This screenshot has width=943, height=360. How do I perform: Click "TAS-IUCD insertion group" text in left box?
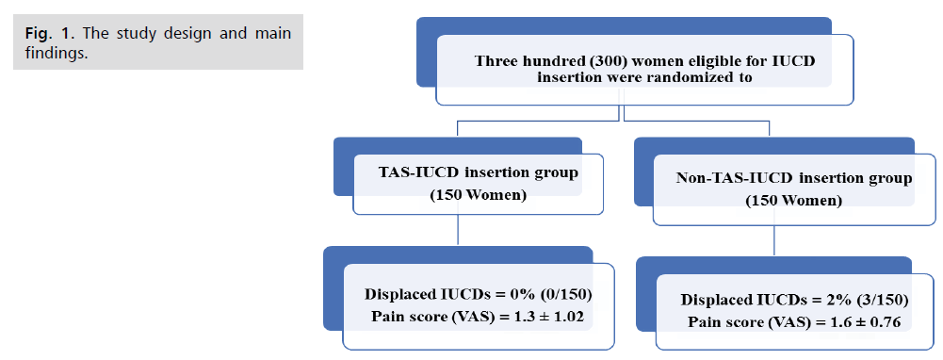[x=479, y=173]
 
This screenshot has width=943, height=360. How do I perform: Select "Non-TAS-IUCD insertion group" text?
[x=794, y=178]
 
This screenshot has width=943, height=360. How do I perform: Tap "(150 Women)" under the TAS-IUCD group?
[x=479, y=196]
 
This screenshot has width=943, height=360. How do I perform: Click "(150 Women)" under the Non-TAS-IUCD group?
[x=794, y=201]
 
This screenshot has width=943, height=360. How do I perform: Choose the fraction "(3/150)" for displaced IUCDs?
[x=881, y=300]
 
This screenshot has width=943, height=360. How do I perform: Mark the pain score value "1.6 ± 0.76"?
[x=866, y=322]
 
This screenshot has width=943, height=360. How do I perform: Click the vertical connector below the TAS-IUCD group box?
[x=458, y=230]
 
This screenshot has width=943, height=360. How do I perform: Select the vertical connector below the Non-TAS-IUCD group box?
[x=774, y=241]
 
